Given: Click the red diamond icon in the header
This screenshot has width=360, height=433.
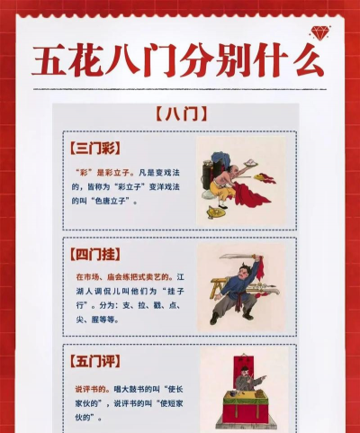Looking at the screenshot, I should coord(319,33).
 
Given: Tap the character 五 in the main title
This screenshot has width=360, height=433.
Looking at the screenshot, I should coord(56,60).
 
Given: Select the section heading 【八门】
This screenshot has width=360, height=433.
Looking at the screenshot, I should coord(181,114).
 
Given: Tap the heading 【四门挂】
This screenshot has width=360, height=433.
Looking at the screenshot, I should coord(94,253).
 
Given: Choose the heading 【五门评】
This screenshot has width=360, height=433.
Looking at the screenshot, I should coord(94,361).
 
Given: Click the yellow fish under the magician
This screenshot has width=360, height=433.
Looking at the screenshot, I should coord(217,212).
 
